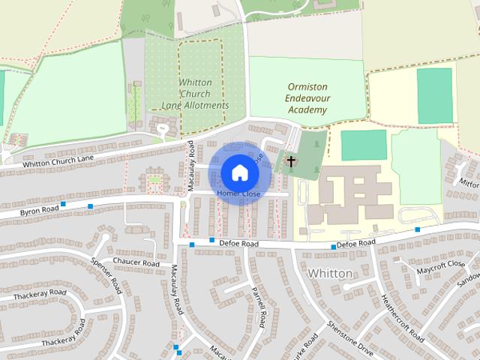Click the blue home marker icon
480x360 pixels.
pyautogui.click(x=239, y=172)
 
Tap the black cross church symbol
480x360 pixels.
pyautogui.click(x=291, y=160)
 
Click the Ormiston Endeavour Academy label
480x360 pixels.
pyautogui.click(x=307, y=98)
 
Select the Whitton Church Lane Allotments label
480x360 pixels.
pyautogui.click(x=194, y=94)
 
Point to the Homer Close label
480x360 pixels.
pyautogui.click(x=238, y=194)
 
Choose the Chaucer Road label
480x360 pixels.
pyautogui.click(x=136, y=263)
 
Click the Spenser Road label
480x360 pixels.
pyautogui.click(x=105, y=276)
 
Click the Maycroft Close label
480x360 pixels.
pyautogui.click(x=442, y=266)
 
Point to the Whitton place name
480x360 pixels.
pyautogui.click(x=330, y=273)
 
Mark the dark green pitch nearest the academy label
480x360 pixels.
pyautogui.click(x=364, y=145)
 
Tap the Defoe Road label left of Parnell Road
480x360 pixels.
pyautogui.click(x=238, y=244)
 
